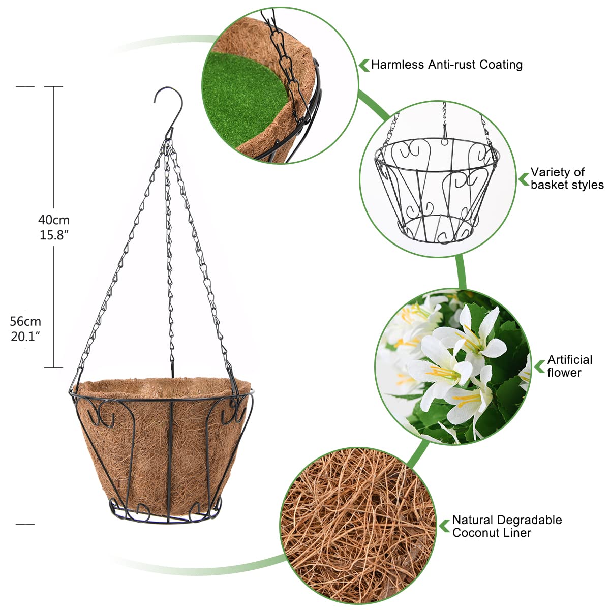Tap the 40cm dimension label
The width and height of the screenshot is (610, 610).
(54, 220)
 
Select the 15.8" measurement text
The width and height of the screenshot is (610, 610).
(54, 235)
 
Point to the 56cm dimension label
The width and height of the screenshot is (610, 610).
(25, 321)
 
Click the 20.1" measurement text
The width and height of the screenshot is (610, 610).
(25, 337)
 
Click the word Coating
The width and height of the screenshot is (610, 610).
(501, 64)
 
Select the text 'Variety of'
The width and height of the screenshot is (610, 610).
(558, 172)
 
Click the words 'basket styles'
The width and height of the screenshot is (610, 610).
(567, 185)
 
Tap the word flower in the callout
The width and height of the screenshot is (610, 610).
(564, 372)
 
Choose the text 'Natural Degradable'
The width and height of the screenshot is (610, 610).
(507, 520)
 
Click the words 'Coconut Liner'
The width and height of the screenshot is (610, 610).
(492, 532)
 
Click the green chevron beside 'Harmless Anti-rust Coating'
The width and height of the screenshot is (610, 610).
(364, 65)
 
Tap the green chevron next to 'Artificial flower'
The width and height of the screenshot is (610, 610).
(540, 367)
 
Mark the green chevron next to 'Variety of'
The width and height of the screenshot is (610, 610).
(524, 179)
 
